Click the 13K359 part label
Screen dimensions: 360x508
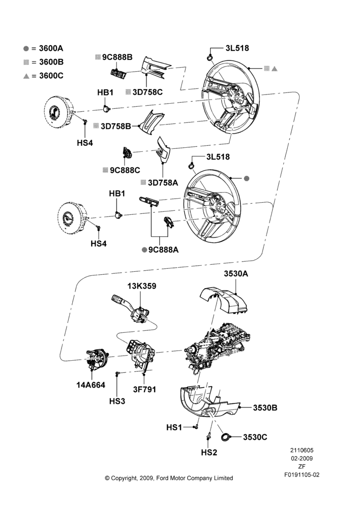click(x=142, y=286)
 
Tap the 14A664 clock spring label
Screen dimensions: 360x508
click(x=91, y=385)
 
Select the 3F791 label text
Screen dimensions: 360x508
click(x=144, y=389)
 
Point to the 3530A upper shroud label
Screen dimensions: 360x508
click(x=236, y=274)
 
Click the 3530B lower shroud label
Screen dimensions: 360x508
click(x=265, y=407)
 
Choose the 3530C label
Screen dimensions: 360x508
click(x=255, y=437)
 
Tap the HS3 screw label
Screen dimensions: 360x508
click(x=117, y=401)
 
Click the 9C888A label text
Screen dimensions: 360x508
click(x=163, y=250)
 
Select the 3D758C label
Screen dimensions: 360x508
click(x=147, y=92)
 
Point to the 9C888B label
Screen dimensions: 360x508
click(x=117, y=57)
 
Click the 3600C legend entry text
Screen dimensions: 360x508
click(x=51, y=76)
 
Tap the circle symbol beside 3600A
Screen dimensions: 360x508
click(x=26, y=49)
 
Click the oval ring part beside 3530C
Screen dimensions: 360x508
click(x=225, y=437)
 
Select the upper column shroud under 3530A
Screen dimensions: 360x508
click(x=224, y=300)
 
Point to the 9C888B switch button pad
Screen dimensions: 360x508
click(x=118, y=74)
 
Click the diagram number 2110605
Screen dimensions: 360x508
click(x=302, y=450)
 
